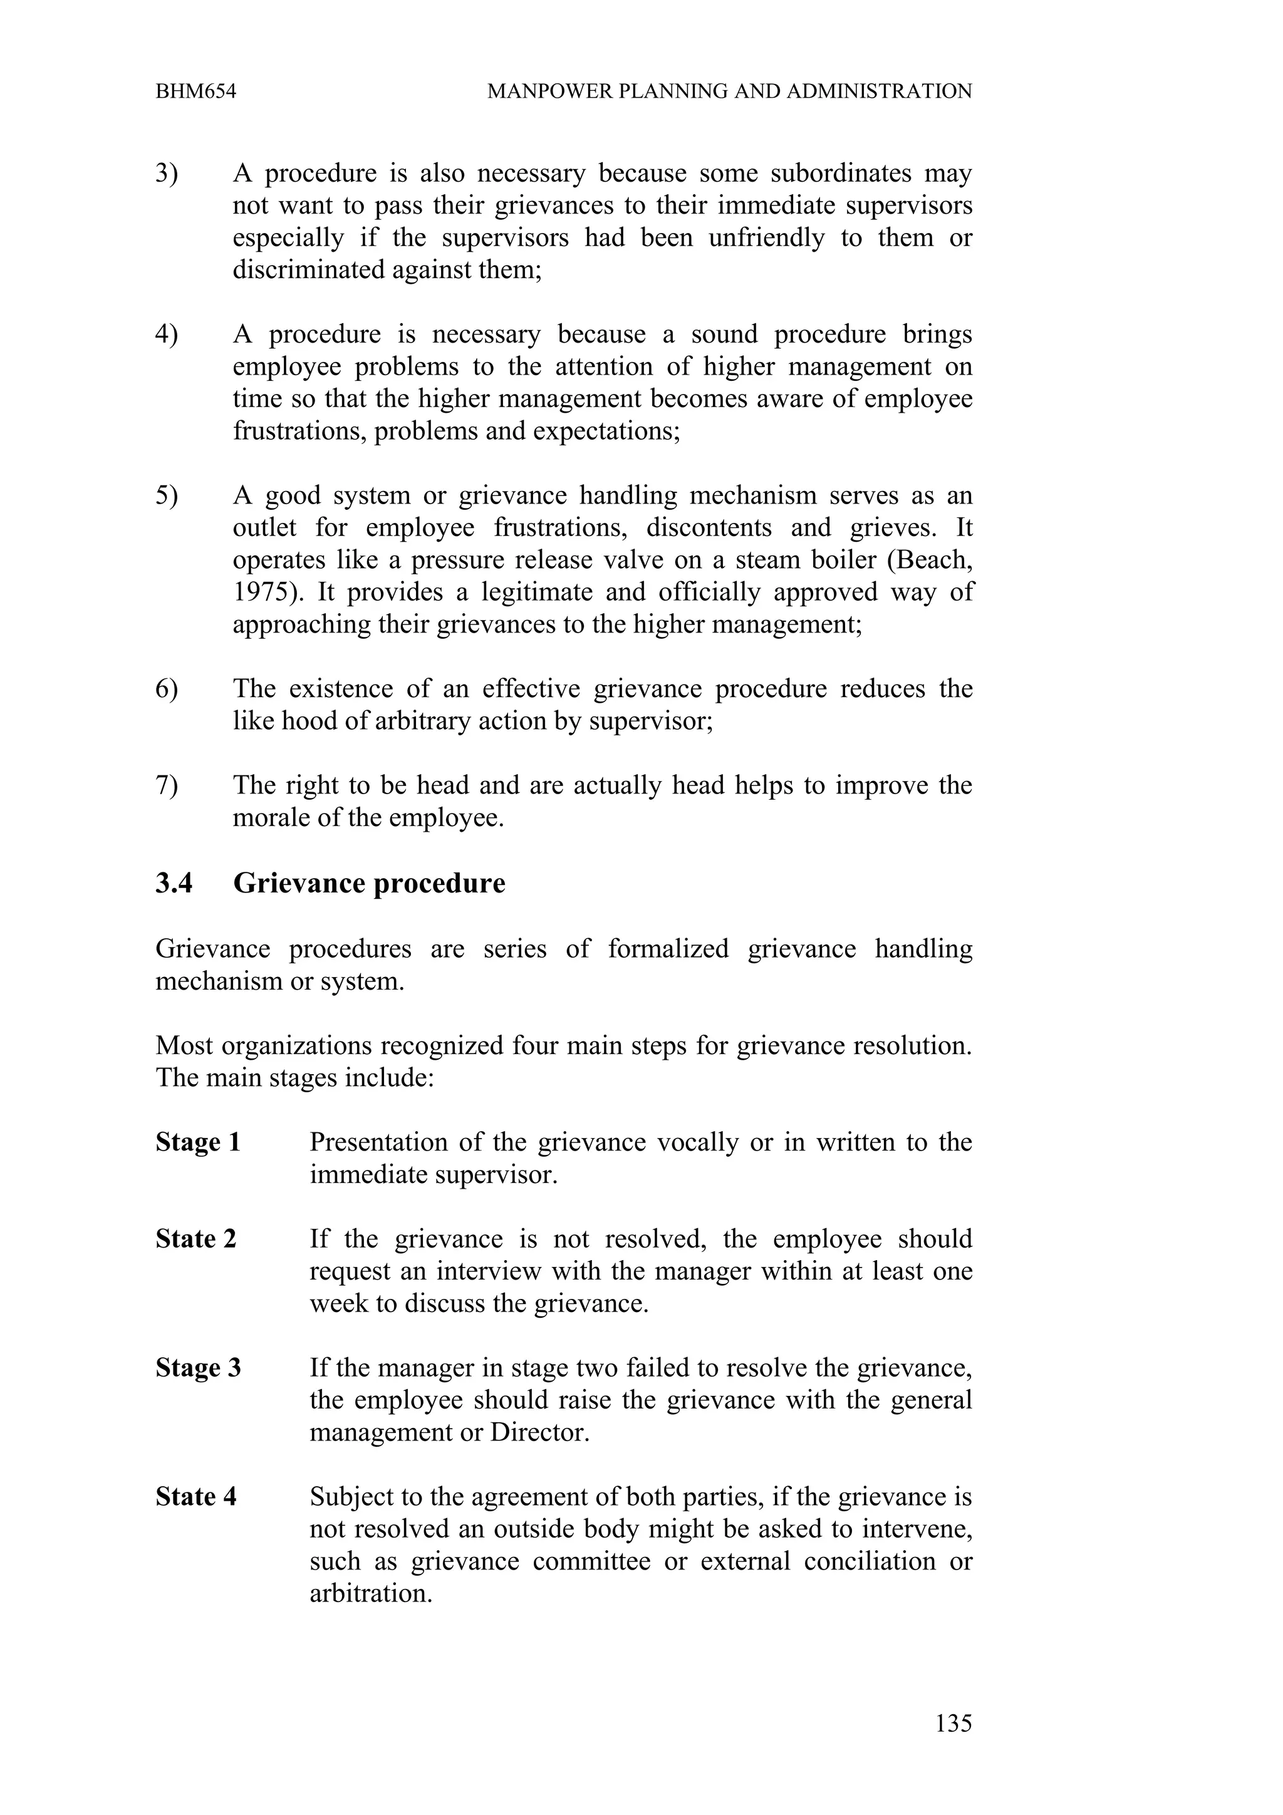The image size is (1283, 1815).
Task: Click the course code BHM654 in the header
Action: [x=195, y=91]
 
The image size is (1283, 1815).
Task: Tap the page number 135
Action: [x=953, y=1722]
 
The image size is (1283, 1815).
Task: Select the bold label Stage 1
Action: [x=197, y=1142]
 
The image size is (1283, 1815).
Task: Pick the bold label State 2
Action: [x=195, y=1239]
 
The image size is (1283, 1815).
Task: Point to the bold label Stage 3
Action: [x=197, y=1368]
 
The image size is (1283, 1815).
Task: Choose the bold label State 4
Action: [x=195, y=1496]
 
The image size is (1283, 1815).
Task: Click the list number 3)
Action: [x=167, y=173]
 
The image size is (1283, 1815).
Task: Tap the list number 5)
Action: [x=167, y=495]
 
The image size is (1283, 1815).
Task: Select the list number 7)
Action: [x=167, y=785]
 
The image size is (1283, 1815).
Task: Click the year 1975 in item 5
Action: [x=262, y=592]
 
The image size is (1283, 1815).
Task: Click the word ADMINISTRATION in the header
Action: [x=879, y=91]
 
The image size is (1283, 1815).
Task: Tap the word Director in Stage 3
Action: [x=539, y=1432]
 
